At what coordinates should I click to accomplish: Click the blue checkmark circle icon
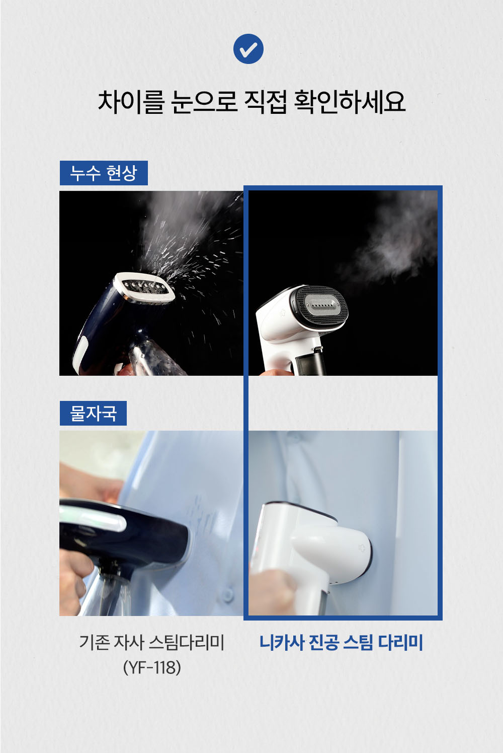tap(248, 49)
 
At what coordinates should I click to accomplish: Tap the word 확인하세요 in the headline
tap(350, 102)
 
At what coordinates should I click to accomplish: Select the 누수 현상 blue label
tap(104, 173)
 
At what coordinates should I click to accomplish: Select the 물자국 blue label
tap(93, 413)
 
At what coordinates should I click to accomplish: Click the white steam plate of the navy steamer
tap(144, 288)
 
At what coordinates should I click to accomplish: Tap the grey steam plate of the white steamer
tap(323, 305)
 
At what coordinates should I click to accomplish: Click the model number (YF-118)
tap(152, 667)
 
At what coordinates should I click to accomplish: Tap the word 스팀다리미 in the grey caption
tap(186, 642)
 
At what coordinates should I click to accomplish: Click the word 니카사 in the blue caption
tap(281, 642)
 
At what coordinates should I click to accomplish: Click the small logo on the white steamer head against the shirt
tap(362, 548)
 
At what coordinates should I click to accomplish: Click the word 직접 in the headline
tap(266, 102)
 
